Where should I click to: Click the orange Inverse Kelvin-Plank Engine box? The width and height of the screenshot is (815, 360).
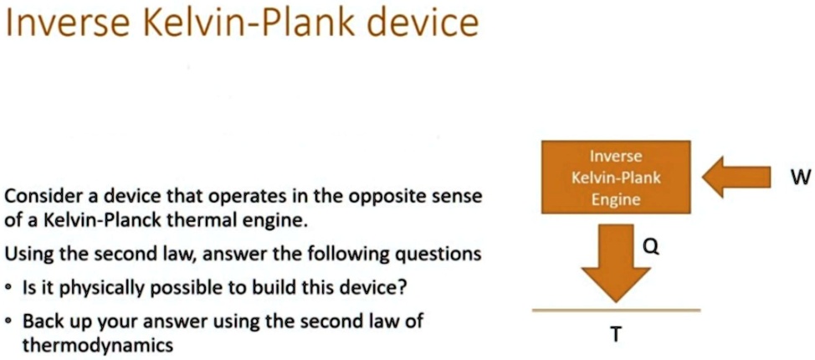point(616,177)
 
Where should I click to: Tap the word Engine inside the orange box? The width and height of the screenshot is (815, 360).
point(616,199)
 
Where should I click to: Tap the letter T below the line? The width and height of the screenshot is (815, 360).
point(616,335)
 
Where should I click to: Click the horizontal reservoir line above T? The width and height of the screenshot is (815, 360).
point(616,310)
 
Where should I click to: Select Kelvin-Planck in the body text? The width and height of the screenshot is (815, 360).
point(84,223)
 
